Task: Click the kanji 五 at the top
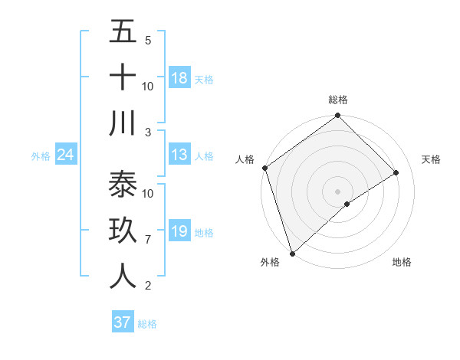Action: (x=123, y=31)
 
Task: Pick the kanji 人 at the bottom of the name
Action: (x=123, y=277)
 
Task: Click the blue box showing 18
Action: (x=179, y=77)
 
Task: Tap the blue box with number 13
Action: (x=179, y=155)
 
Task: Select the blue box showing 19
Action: (x=179, y=231)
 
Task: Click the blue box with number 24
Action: (x=65, y=155)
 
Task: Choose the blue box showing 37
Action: (x=122, y=322)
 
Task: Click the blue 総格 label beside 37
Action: (x=147, y=324)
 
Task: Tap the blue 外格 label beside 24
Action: (x=41, y=156)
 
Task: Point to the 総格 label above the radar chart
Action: (x=338, y=100)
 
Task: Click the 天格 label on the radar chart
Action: (x=431, y=159)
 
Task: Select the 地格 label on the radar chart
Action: (x=402, y=263)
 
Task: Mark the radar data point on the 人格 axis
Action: (x=264, y=168)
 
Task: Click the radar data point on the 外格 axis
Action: (x=292, y=253)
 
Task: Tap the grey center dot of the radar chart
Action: (x=338, y=191)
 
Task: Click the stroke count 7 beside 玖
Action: (x=147, y=240)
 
